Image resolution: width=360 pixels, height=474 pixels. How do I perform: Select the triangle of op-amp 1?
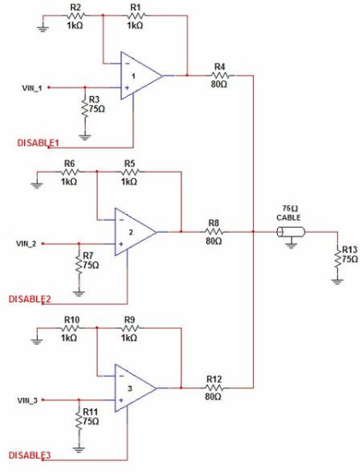tap(141, 75)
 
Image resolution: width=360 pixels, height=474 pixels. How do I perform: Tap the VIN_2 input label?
tap(26, 244)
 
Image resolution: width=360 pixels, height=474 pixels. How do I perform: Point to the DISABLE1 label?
tap(38, 143)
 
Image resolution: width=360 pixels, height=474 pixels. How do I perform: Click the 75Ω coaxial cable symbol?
tap(291, 232)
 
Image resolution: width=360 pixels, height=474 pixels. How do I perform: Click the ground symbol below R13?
tap(338, 281)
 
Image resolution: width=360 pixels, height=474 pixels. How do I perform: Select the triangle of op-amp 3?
tap(135, 388)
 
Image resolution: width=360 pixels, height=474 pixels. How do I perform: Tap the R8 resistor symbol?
tap(215, 232)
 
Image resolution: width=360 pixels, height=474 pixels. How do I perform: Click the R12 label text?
tap(214, 379)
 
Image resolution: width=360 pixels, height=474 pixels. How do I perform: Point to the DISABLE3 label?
tap(30, 455)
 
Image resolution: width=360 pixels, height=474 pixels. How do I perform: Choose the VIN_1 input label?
tap(32, 88)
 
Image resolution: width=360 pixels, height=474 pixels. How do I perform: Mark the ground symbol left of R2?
tap(43, 29)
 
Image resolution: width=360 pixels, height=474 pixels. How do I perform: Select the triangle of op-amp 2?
tap(135, 232)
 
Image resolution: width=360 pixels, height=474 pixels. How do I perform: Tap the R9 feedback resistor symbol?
tap(130, 328)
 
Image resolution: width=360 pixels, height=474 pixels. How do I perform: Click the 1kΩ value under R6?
tap(69, 181)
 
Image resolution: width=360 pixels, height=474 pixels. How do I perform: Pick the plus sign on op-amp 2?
tap(121, 244)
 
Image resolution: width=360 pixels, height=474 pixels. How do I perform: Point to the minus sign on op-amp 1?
tap(127, 63)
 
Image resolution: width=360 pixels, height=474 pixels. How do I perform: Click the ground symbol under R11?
tap(79, 450)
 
